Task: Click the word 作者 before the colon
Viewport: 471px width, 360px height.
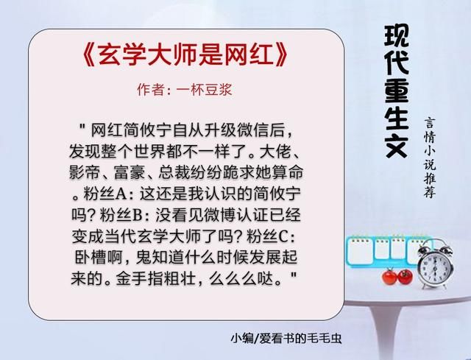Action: tap(150, 91)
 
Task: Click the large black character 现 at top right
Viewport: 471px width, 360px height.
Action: tap(397, 36)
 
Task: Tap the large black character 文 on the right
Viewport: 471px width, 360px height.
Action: tap(397, 144)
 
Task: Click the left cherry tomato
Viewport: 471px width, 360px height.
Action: tap(389, 277)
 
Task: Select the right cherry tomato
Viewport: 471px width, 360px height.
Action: tap(405, 277)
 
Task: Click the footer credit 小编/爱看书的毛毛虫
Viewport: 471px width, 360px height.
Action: tap(286, 339)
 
